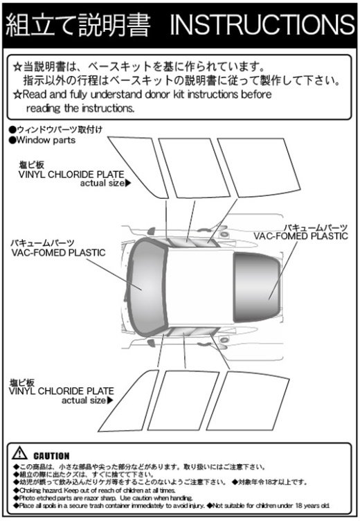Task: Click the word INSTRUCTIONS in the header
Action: click(x=262, y=25)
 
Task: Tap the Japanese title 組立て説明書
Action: click(x=78, y=25)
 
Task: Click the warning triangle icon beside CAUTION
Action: click(x=19, y=453)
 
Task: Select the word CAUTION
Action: click(x=51, y=456)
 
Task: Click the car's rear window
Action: click(x=256, y=288)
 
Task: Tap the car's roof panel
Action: click(x=200, y=287)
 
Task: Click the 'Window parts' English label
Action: click(x=46, y=140)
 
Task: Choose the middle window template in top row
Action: click(x=195, y=168)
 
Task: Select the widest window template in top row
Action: click(x=259, y=167)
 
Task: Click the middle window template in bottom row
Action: click(x=183, y=400)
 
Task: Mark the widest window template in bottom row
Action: click(x=248, y=401)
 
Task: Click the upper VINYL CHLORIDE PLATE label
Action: click(x=71, y=175)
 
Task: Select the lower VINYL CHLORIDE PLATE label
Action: click(x=62, y=391)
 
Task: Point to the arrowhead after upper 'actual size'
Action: click(x=128, y=183)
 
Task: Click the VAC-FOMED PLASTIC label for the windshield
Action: click(x=58, y=253)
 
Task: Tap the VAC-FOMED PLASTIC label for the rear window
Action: click(x=301, y=236)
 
